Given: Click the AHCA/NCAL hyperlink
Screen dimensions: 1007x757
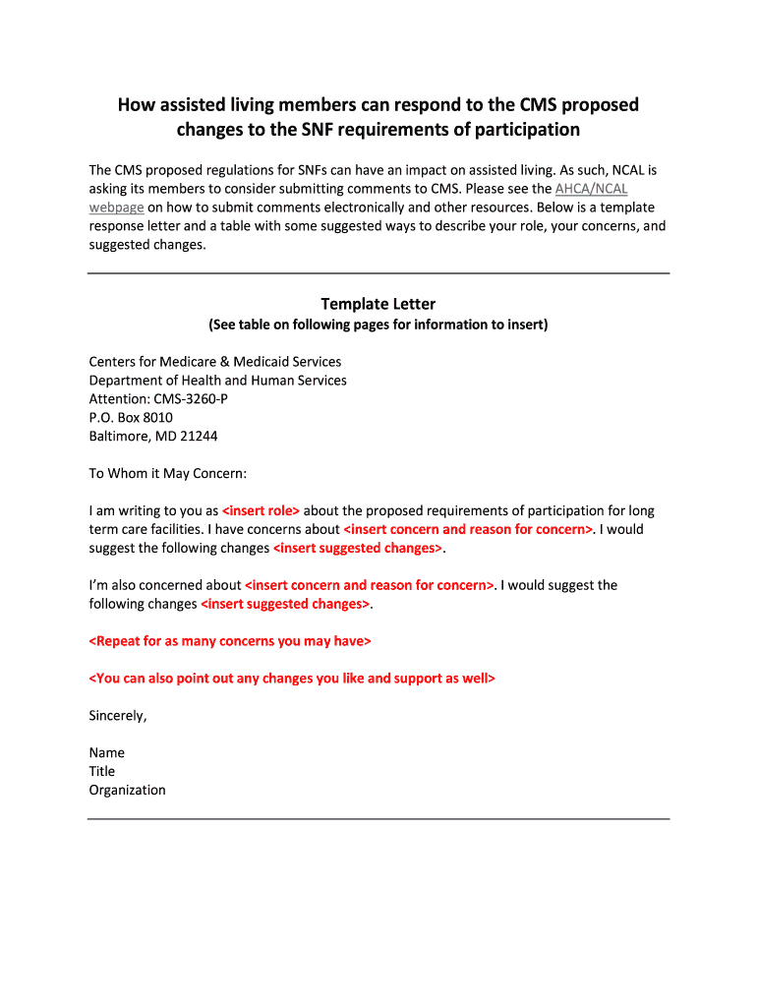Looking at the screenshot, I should pos(591,188).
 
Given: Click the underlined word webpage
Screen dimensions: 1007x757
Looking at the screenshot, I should pos(116,207).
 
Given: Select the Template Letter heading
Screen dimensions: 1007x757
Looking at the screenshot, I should pos(378,304).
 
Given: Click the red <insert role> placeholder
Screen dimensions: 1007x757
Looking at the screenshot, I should pos(261,510).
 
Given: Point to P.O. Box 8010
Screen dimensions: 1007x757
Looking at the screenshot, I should pos(131,417).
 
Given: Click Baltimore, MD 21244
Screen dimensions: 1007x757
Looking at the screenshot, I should pos(152,436).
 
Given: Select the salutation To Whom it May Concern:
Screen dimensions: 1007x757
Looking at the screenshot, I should pos(168,473).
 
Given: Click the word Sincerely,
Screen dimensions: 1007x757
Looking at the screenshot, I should pos(118,715).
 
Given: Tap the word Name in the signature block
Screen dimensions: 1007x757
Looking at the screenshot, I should pos(106,752).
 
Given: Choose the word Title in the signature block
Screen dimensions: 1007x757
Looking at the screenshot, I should pos(102,771).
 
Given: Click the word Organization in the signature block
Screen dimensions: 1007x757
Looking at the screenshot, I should pos(127,790).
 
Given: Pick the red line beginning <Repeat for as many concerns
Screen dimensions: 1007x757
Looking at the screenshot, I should pos(230,641).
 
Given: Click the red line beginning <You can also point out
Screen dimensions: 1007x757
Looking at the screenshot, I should pos(292,679).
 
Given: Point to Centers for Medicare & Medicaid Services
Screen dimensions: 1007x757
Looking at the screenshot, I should pos(215,362).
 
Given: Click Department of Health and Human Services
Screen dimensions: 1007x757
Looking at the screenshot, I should pos(217,381).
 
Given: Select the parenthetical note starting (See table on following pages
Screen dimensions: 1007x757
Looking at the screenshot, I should pos(378,325).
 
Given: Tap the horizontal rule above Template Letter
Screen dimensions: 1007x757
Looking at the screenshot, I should pos(378,272).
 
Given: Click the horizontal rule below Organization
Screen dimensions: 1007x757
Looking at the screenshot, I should pos(378,818).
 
